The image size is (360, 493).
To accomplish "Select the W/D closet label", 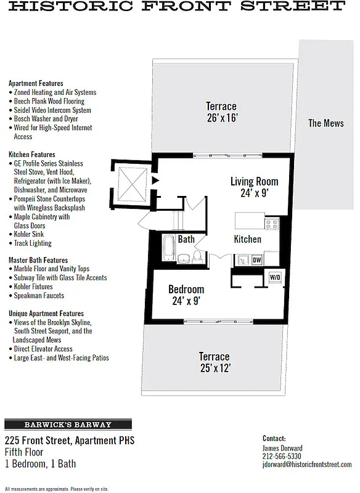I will [274, 277].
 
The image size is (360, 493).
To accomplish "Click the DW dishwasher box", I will [257, 260].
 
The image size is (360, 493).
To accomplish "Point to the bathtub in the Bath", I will [169, 249].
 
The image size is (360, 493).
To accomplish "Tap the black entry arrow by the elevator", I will [155, 181].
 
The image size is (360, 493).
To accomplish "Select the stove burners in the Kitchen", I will [272, 224].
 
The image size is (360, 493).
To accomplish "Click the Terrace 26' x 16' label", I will [221, 112].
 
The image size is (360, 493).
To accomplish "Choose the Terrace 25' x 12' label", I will [214, 362].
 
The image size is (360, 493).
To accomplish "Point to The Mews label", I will [326, 123].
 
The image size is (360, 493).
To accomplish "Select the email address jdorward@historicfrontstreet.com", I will [307, 465].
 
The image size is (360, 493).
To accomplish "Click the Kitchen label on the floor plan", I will [247, 239].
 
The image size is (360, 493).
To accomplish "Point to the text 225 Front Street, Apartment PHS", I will [69, 441].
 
